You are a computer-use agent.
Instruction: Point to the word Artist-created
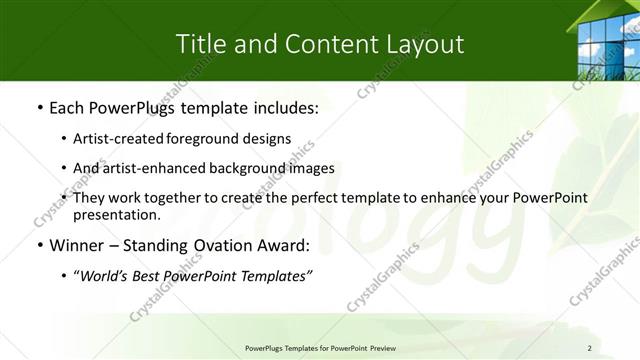115,138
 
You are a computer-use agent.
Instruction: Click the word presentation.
116,214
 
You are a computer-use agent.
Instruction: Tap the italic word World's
106,277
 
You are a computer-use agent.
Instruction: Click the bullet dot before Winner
39,246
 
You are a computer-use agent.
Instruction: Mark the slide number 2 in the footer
590,347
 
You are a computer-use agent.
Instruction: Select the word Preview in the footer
378,347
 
